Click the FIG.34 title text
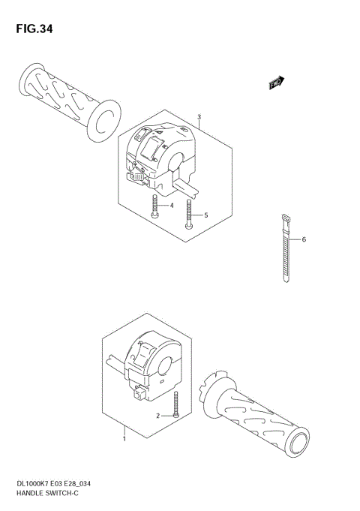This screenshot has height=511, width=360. pos(34,30)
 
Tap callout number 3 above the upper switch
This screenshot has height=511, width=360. pos(199,117)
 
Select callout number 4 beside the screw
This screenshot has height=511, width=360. pos(172,206)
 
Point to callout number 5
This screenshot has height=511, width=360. pos(205,215)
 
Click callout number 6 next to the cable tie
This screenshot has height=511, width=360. pos(304,240)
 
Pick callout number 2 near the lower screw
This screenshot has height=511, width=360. pos(158,415)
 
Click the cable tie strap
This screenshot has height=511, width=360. pos(286,255)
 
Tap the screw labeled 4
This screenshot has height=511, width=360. pos(154,206)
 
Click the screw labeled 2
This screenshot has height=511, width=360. pos(175,405)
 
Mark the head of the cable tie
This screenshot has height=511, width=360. pos(285,219)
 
